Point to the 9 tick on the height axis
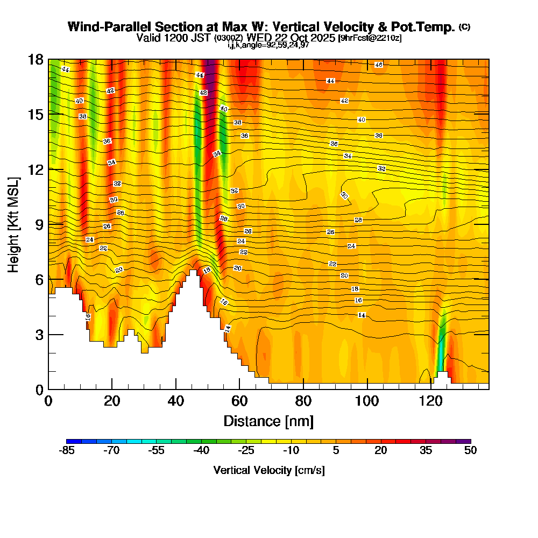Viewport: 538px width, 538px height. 48,224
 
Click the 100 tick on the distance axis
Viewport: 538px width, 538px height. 367,388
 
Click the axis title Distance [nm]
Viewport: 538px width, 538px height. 268,421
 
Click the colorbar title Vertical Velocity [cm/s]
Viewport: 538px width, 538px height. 268,470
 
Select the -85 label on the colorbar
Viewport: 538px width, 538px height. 66,451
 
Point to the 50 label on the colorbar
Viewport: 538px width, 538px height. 471,451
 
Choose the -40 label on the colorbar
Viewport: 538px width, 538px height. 201,451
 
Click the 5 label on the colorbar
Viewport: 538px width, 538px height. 336,451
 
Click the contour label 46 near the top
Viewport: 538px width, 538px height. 378,65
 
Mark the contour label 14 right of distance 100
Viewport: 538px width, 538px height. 362,315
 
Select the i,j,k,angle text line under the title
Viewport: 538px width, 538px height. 267,45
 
